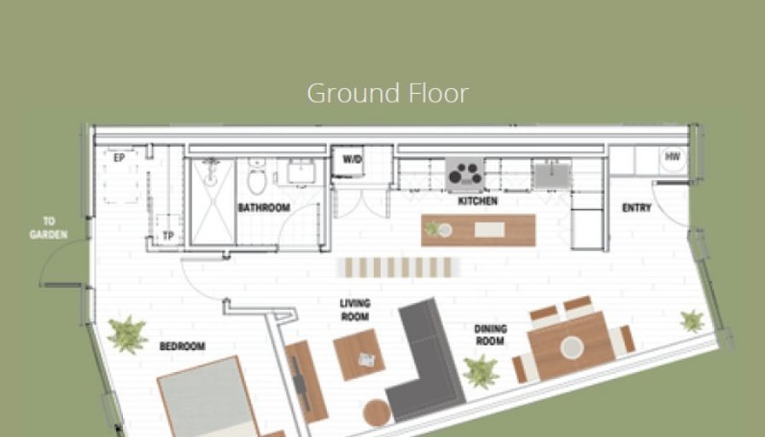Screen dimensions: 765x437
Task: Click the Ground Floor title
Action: pyautogui.click(x=388, y=93)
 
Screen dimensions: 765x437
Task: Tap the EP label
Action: pyautogui.click(x=119, y=158)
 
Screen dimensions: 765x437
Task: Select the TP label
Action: pyautogui.click(x=168, y=236)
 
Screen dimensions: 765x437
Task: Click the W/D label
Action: pyautogui.click(x=352, y=160)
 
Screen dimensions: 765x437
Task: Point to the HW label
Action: pyautogui.click(x=672, y=156)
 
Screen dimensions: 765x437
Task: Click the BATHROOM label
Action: pyautogui.click(x=264, y=207)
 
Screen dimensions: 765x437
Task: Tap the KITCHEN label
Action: pyautogui.click(x=477, y=201)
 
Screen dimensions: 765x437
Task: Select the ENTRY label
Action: pyautogui.click(x=637, y=207)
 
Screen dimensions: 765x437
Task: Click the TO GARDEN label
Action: pyautogui.click(x=49, y=228)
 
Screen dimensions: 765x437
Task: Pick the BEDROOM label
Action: pyautogui.click(x=183, y=347)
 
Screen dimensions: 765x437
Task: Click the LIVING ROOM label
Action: pyautogui.click(x=355, y=310)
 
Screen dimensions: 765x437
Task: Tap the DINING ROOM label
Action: pyautogui.click(x=490, y=335)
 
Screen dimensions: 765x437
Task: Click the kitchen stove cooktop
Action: pyautogui.click(x=464, y=173)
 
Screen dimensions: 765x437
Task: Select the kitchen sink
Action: pyautogui.click(x=552, y=176)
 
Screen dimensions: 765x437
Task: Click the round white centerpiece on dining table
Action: pyautogui.click(x=572, y=347)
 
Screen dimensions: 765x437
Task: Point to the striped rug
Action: pyautogui.click(x=398, y=268)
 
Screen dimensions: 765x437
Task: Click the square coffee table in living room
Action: pyautogui.click(x=359, y=354)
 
